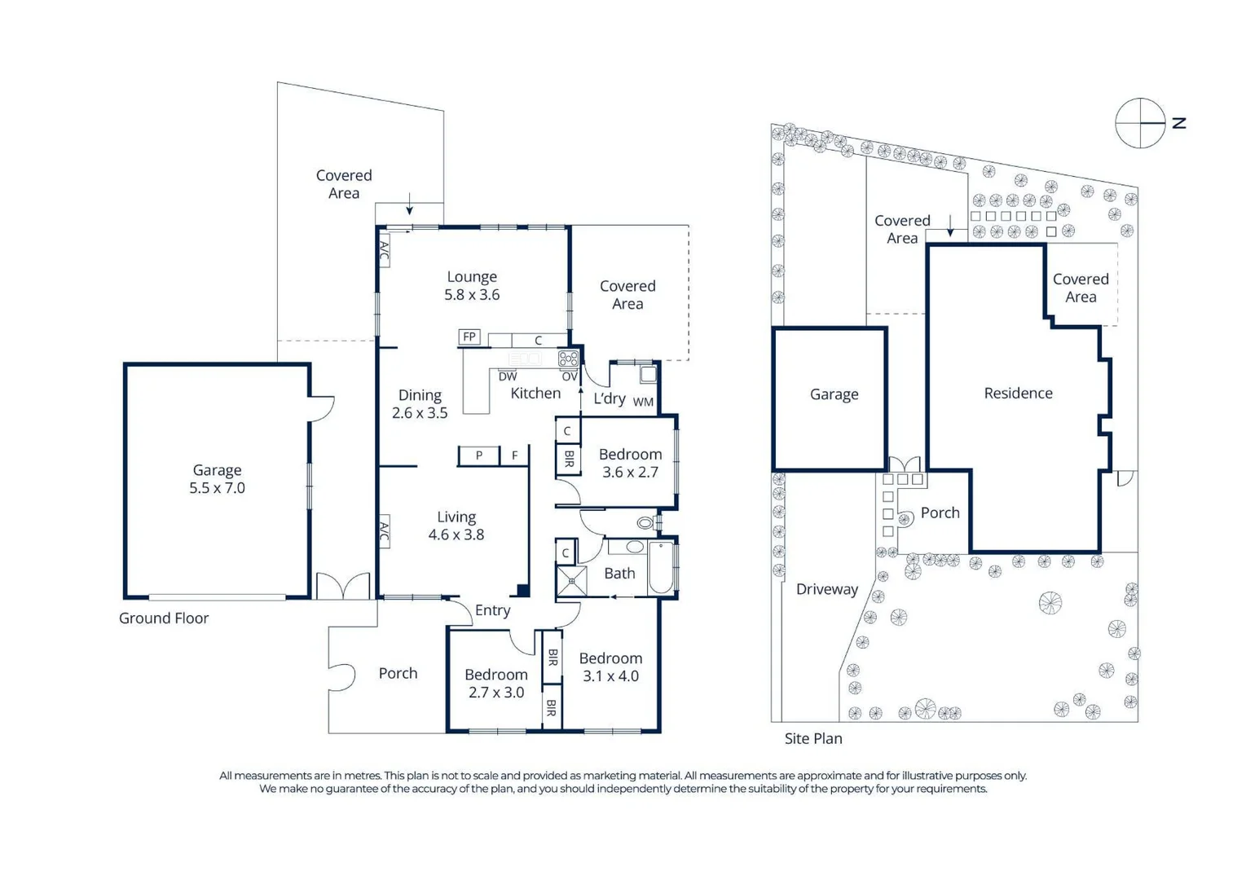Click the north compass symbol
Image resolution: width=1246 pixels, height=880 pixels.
pyautogui.click(x=1140, y=123)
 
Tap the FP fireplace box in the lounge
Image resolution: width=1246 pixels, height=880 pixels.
pyautogui.click(x=469, y=337)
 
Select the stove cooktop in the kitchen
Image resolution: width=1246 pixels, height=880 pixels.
pyautogui.click(x=568, y=359)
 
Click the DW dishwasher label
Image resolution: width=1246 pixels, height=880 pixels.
pyautogui.click(x=507, y=376)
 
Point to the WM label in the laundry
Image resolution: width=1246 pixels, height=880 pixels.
pyautogui.click(x=643, y=402)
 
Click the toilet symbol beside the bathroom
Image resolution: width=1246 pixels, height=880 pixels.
pyautogui.click(x=646, y=522)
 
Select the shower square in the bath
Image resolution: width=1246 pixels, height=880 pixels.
pyautogui.click(x=571, y=582)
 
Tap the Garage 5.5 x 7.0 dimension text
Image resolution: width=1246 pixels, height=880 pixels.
pyautogui.click(x=217, y=488)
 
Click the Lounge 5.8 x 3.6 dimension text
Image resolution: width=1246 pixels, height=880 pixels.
pyautogui.click(x=471, y=295)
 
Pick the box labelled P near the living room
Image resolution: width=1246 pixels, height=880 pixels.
pyautogui.click(x=478, y=455)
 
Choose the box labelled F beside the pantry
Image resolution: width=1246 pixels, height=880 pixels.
pyautogui.click(x=514, y=455)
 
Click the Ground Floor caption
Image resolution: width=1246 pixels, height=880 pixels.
pyautogui.click(x=164, y=618)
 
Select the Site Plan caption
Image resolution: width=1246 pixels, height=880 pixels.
pyautogui.click(x=812, y=738)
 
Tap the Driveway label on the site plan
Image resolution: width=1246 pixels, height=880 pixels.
pyautogui.click(x=826, y=589)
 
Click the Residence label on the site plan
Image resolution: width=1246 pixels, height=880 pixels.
pyautogui.click(x=1018, y=394)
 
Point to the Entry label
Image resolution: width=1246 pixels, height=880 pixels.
pyautogui.click(x=492, y=610)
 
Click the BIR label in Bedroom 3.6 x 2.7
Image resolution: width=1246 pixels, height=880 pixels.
pyautogui.click(x=568, y=460)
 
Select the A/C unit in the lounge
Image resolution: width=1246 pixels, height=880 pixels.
pyautogui.click(x=384, y=249)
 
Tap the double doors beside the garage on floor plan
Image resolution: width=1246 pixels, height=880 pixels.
pyautogui.click(x=343, y=586)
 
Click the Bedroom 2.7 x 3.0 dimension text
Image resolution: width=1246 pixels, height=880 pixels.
pyautogui.click(x=495, y=693)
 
